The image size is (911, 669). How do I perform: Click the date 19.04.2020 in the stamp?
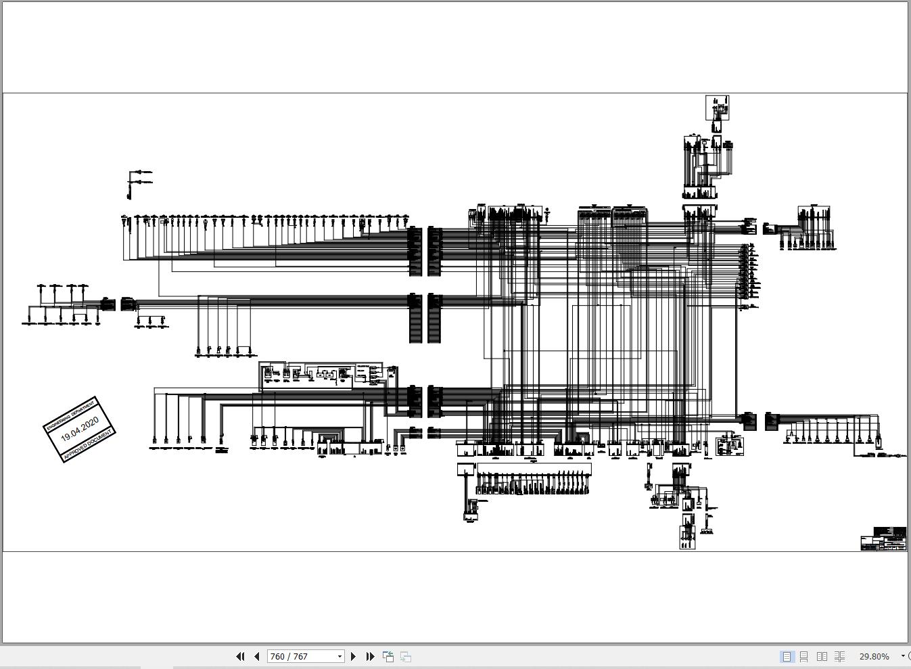(x=80, y=428)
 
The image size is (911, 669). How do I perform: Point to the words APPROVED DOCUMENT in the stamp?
(x=88, y=445)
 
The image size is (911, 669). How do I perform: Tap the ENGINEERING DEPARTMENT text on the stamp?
(x=70, y=413)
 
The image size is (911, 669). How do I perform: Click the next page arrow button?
(x=353, y=656)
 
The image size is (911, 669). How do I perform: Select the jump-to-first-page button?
(x=240, y=656)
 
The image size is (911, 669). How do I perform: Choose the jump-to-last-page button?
(x=370, y=656)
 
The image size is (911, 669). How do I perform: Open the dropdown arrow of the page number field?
(x=340, y=656)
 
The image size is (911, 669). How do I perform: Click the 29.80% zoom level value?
(x=874, y=656)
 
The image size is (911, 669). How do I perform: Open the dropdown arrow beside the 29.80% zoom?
(x=902, y=656)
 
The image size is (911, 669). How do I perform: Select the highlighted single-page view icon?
(x=787, y=656)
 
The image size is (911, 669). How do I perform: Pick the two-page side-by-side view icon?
(x=822, y=656)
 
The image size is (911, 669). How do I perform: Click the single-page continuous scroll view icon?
(x=804, y=656)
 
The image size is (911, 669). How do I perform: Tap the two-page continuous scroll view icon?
(x=839, y=656)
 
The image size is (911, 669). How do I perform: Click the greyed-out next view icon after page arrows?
(x=406, y=656)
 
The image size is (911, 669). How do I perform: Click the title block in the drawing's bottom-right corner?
(x=883, y=539)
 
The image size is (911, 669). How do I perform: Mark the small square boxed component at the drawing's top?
(x=717, y=107)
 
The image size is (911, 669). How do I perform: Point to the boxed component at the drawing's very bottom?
(x=687, y=537)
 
